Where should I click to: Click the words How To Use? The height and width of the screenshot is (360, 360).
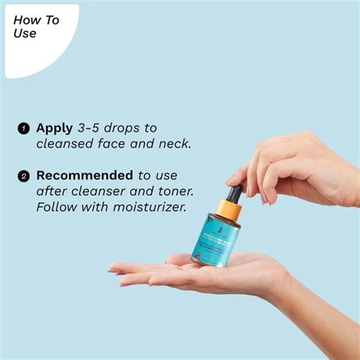(36, 27)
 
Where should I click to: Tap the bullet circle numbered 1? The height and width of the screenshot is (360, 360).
(23, 128)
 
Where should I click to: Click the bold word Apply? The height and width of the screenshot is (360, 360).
(55, 128)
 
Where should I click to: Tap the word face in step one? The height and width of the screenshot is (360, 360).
(107, 143)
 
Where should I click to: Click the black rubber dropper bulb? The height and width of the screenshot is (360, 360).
(235, 194)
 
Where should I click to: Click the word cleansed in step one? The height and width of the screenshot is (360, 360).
(65, 143)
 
